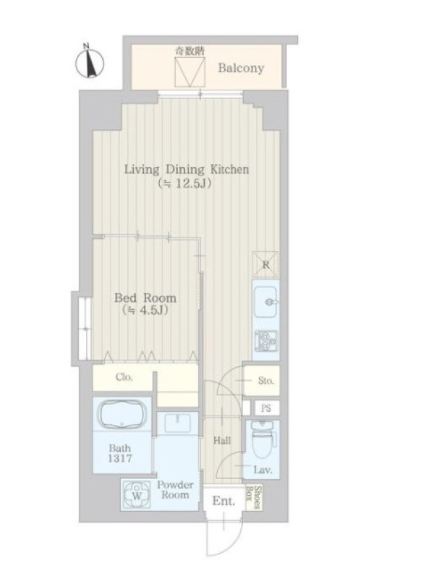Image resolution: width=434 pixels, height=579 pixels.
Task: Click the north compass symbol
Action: pyautogui.click(x=90, y=62)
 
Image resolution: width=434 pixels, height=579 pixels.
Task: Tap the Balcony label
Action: pyautogui.click(x=241, y=68)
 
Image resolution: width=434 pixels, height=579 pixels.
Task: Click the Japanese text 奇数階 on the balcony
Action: pyautogui.click(x=190, y=51)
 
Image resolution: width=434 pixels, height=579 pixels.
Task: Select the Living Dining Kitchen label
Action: pyautogui.click(x=187, y=169)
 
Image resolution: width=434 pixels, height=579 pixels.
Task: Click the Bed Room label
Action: pyautogui.click(x=145, y=297)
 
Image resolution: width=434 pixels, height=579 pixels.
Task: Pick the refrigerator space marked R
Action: pyautogui.click(x=265, y=264)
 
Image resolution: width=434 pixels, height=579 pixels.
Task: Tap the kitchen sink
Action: pyautogui.click(x=265, y=302)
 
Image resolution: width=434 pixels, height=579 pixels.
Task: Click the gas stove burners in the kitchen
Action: pyautogui.click(x=265, y=341)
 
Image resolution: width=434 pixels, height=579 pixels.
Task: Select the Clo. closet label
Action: pyautogui.click(x=124, y=377)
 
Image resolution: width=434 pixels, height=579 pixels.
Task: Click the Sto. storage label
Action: pyautogui.click(x=265, y=381)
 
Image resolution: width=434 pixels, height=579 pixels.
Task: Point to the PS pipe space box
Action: pyautogui.click(x=266, y=408)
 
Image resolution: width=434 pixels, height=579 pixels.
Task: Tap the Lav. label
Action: pyautogui.click(x=263, y=470)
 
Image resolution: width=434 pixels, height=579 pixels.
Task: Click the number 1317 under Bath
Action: pyautogui.click(x=120, y=459)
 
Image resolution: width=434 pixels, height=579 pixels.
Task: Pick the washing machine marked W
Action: pyautogui.click(x=136, y=496)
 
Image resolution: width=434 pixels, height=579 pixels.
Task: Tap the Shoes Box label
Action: pyautogui.click(x=254, y=497)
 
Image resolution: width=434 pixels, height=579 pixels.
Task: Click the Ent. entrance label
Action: pyautogui.click(x=224, y=502)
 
